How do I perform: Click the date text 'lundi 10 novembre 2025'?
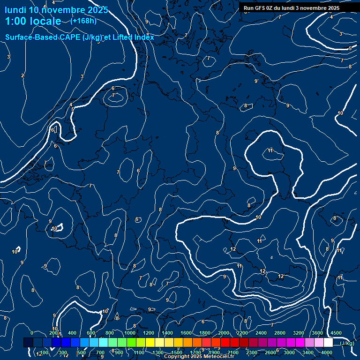click(x=56, y=10)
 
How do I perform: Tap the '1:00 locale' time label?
click(x=33, y=21)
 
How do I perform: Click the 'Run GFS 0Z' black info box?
click(x=292, y=8)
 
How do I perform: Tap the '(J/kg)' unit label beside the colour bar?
click(x=346, y=343)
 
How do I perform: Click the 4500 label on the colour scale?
click(x=336, y=333)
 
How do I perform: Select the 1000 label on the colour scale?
click(x=130, y=333)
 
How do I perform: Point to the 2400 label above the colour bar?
click(x=261, y=333)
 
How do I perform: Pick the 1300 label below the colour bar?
click(x=158, y=352)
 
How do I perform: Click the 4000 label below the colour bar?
click(x=327, y=352)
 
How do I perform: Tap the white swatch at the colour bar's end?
click(x=328, y=343)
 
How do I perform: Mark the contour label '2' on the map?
click(x=22, y=75)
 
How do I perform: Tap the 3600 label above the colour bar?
click(x=317, y=333)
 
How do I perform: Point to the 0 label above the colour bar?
click(x=32, y=333)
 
